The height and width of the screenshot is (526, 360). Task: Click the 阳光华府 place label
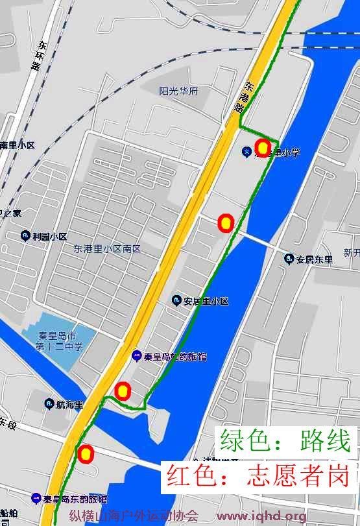[x=178, y=91]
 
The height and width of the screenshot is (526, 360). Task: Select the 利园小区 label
[x=50, y=237]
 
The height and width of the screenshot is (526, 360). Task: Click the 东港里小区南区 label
[x=107, y=249]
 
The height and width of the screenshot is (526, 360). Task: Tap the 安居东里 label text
[x=315, y=259]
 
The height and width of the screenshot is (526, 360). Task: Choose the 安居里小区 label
[x=206, y=302]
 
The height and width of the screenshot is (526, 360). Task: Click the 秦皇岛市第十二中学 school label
[x=60, y=341]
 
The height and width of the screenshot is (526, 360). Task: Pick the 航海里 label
[x=69, y=405]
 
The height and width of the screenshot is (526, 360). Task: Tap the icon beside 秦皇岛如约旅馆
[x=137, y=355]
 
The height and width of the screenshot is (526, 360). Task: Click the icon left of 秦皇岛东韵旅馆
[x=36, y=499]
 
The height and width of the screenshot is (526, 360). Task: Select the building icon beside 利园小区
[x=25, y=236]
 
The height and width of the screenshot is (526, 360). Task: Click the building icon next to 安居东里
[x=289, y=259]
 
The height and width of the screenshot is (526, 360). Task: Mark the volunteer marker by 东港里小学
[x=262, y=147]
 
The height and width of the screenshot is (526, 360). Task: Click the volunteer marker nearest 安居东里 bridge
[x=226, y=224]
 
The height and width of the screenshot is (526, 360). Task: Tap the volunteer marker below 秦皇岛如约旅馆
[x=123, y=391]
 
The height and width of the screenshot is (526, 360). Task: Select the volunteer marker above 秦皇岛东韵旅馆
[x=85, y=454]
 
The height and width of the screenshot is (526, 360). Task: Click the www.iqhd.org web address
[x=261, y=516]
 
